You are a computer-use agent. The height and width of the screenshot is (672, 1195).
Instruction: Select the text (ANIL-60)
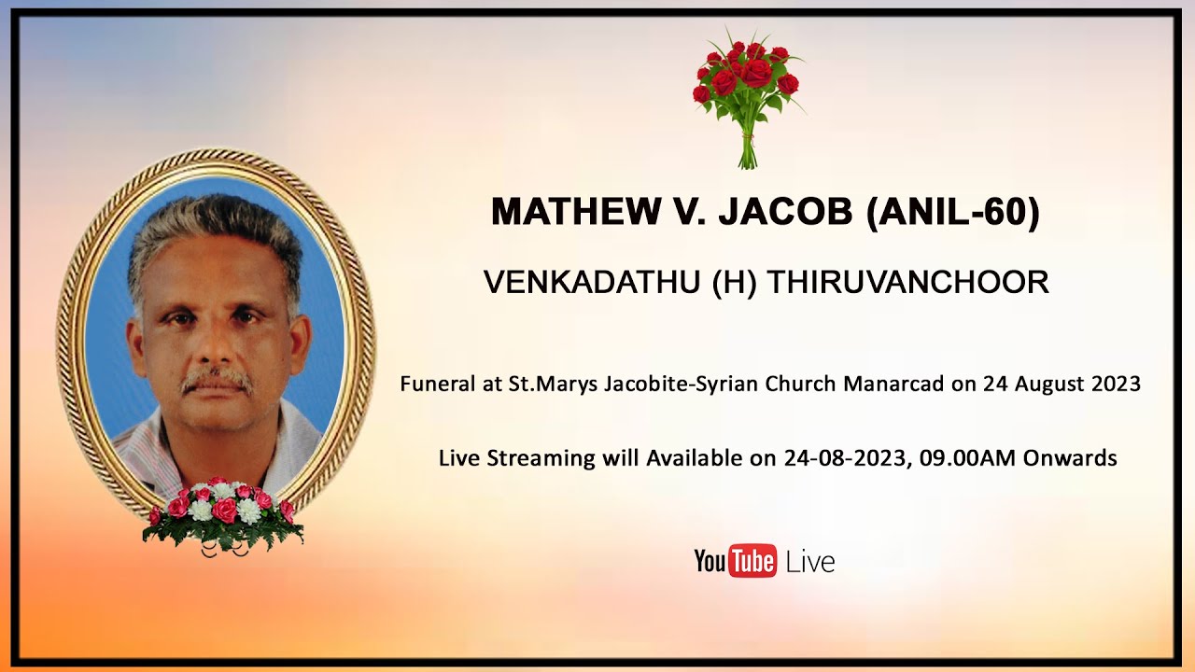(952, 213)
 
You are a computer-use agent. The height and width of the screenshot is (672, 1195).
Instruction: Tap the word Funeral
(433, 384)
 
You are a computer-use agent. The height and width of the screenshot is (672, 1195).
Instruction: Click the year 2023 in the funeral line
(1113, 384)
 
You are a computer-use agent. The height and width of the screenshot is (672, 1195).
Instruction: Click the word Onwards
(1070, 458)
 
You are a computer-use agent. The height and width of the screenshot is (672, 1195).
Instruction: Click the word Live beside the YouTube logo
(810, 562)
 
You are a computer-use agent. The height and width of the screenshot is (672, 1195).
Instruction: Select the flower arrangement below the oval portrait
(222, 516)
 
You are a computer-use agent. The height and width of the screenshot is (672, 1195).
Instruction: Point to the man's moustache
(217, 380)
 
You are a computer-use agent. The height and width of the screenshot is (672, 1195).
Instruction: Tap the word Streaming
(542, 458)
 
